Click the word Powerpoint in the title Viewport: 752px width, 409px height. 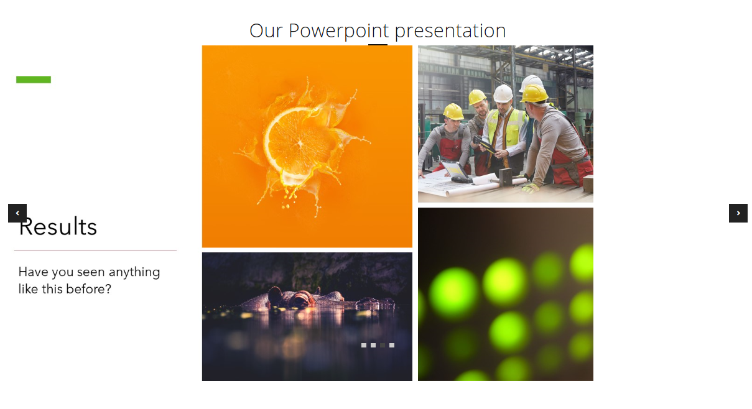338,30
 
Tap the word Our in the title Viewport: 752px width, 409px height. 266,30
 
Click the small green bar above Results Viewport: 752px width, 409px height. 34,80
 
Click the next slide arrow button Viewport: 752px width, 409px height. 738,213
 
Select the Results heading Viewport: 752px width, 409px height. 58,227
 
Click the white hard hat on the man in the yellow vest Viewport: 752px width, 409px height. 503,93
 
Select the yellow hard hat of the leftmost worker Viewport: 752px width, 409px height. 453,111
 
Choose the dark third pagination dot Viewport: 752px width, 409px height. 383,345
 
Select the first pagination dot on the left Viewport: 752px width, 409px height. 364,345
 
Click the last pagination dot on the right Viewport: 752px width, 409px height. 392,345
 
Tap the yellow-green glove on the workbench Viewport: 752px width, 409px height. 530,187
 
